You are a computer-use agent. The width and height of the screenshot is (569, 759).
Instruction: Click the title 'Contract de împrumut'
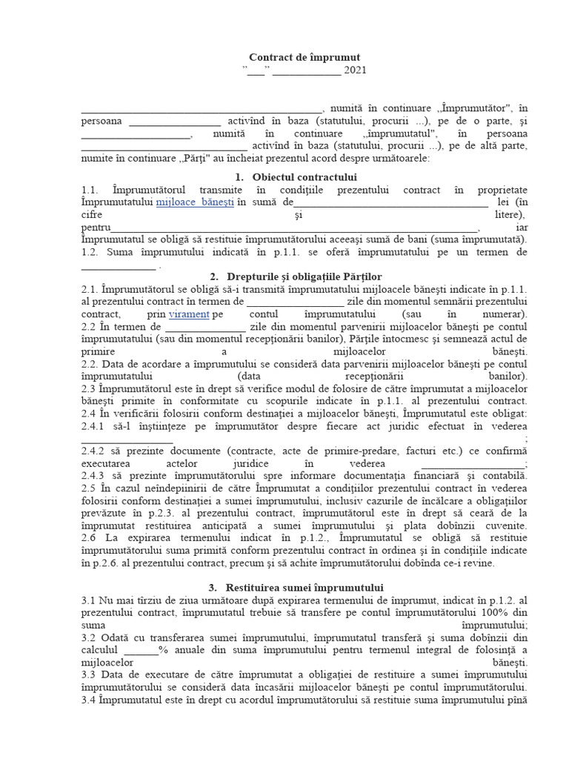(x=305, y=57)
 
